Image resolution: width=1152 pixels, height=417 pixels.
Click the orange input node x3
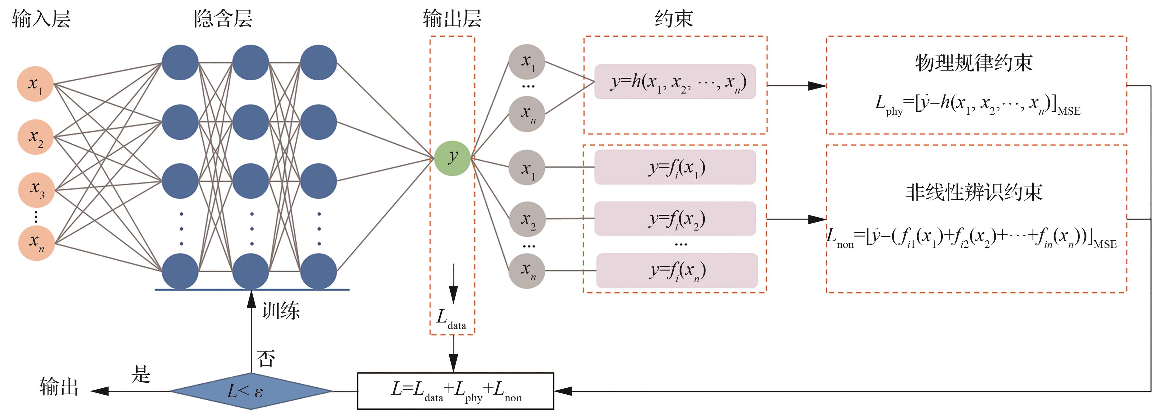(36, 190)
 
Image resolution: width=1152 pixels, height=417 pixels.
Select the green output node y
(452, 158)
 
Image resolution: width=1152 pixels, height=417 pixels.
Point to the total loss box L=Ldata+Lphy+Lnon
(455, 391)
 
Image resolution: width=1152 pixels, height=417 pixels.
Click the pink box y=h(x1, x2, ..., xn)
(675, 82)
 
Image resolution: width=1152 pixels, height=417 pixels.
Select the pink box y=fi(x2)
(675, 219)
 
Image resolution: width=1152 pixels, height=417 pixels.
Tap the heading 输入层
(41, 19)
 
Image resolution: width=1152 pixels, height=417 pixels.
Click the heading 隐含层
(223, 19)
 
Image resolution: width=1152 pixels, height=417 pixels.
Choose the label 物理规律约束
(974, 63)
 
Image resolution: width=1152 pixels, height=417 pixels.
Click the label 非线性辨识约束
(974, 192)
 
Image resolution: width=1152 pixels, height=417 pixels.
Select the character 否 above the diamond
(266, 358)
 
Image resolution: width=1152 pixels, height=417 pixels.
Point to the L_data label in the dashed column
(451, 319)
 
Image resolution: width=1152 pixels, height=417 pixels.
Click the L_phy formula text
(977, 105)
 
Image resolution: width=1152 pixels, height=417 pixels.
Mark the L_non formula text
(970, 237)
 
